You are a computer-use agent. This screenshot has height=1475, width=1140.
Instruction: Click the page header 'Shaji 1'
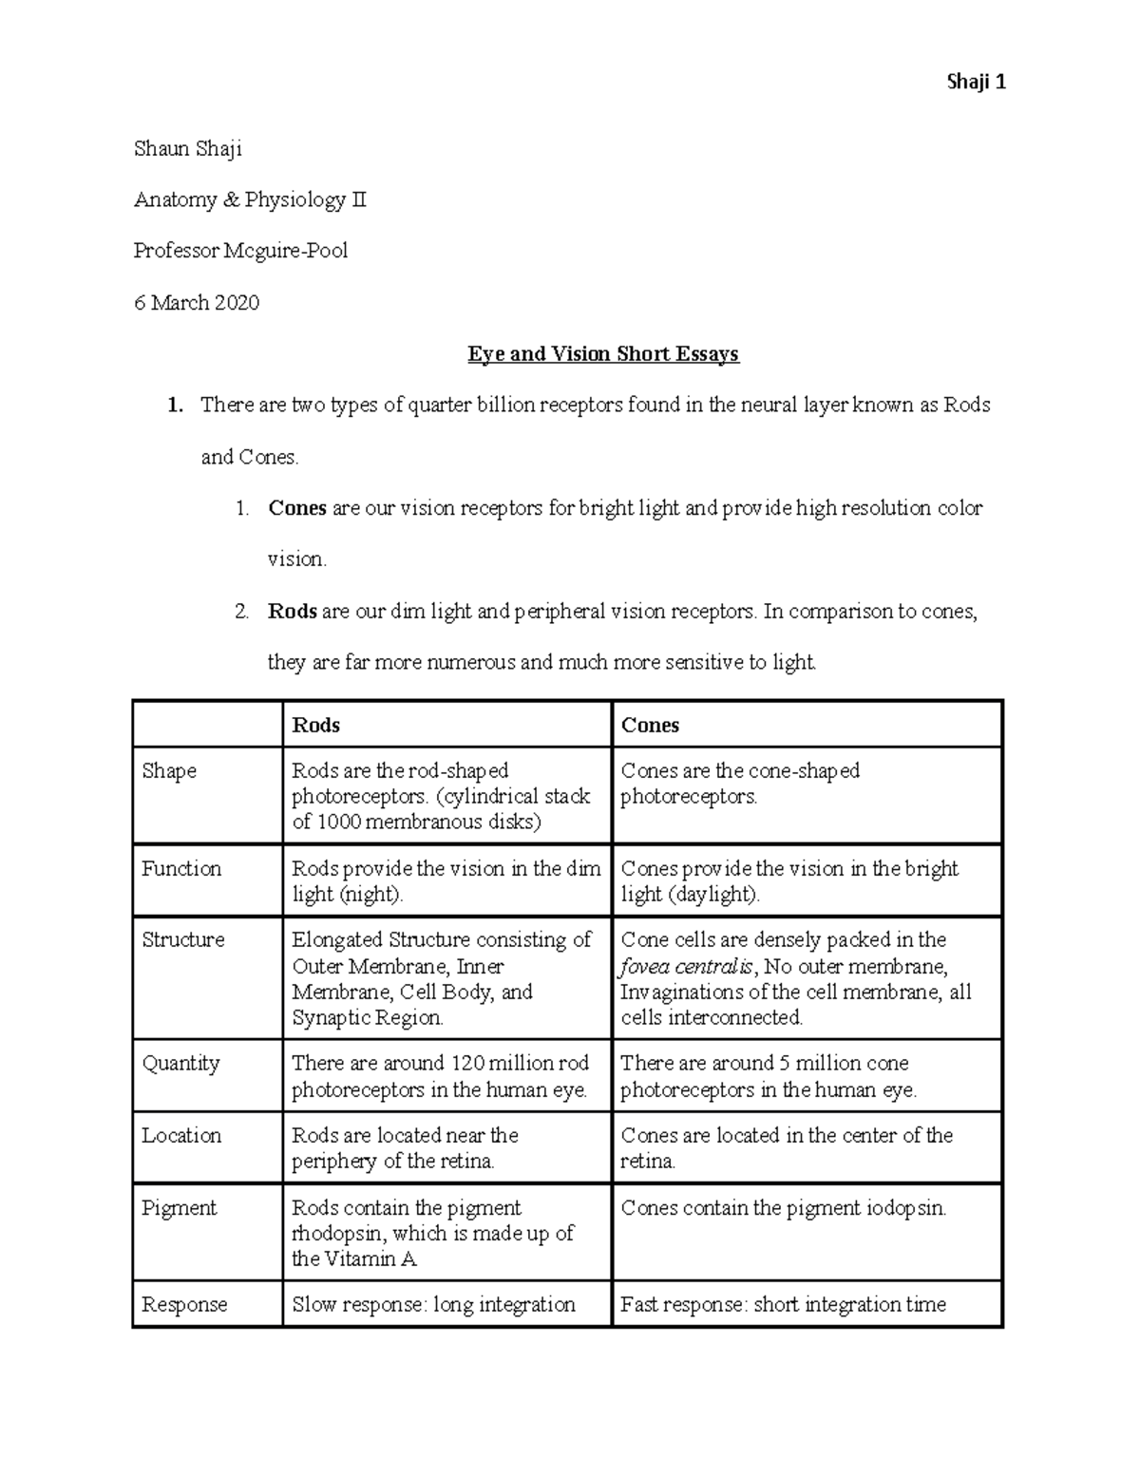click(976, 82)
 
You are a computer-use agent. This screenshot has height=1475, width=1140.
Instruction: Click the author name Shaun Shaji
click(187, 148)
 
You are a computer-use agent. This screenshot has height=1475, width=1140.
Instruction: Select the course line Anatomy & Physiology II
click(249, 199)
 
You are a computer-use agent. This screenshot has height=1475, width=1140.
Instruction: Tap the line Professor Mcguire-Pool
click(240, 251)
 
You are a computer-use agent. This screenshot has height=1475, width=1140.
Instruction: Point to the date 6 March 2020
click(196, 302)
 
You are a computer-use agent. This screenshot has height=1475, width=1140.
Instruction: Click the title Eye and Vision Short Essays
click(602, 354)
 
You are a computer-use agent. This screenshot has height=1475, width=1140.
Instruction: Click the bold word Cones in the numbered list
click(296, 508)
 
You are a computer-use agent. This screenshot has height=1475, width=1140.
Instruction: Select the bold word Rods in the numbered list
click(292, 611)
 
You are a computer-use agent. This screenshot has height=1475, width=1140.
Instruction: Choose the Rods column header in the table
click(315, 725)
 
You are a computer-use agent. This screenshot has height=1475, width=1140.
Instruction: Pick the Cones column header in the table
click(650, 725)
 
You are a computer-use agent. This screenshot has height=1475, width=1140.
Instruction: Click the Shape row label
click(169, 770)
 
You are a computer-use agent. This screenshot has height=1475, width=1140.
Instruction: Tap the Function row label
click(181, 868)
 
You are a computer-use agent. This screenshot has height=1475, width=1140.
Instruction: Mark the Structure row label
click(183, 939)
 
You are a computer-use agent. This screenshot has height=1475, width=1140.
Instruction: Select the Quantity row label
click(180, 1063)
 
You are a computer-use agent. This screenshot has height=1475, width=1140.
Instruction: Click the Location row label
click(181, 1135)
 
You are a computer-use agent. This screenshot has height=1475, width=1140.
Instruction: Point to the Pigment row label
click(179, 1207)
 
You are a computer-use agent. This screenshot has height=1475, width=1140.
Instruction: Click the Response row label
click(184, 1304)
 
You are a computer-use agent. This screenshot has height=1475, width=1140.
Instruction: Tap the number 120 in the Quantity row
click(466, 1063)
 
